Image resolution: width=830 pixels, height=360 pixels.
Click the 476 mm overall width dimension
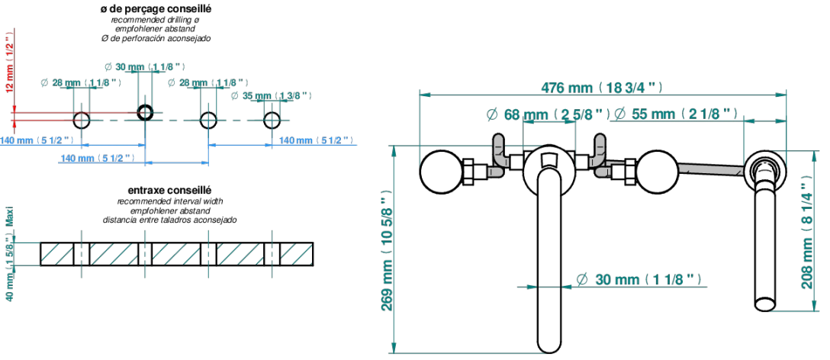tap(601, 88)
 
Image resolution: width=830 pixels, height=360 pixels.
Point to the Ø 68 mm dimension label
tap(545, 114)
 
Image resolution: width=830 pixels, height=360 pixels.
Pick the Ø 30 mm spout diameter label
tap(641, 279)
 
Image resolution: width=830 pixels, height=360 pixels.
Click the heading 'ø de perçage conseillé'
tap(156, 9)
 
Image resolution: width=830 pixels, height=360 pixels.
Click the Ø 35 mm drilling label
tap(272, 96)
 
